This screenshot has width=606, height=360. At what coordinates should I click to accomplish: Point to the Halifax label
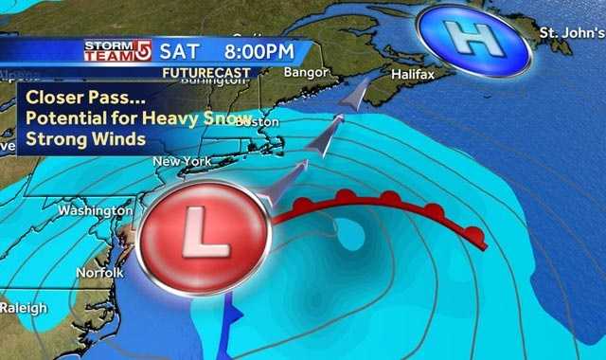click(412, 72)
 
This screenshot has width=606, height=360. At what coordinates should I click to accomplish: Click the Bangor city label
click(306, 72)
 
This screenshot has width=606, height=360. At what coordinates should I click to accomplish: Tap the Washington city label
click(95, 210)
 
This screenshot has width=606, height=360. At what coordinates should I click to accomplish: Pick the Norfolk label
click(100, 272)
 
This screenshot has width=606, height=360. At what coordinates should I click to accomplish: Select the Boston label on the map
click(257, 122)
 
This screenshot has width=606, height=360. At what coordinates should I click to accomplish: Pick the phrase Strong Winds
click(84, 139)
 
